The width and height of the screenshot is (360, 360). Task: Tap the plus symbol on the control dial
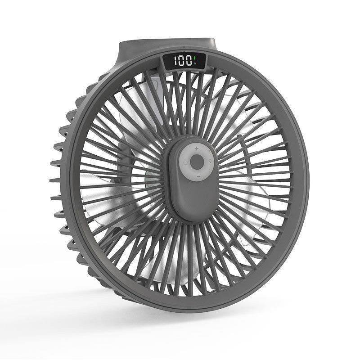coord(197,148)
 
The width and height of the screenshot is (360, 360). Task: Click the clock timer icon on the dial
coord(185,163)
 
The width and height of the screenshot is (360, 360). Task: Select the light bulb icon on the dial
coord(210,161)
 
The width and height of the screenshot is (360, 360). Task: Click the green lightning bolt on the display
coord(195,58)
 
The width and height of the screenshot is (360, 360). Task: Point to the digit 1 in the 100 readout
coord(175,61)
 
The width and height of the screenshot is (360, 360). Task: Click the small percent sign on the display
coord(195,63)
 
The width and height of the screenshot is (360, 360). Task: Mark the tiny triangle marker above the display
coord(184,48)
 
